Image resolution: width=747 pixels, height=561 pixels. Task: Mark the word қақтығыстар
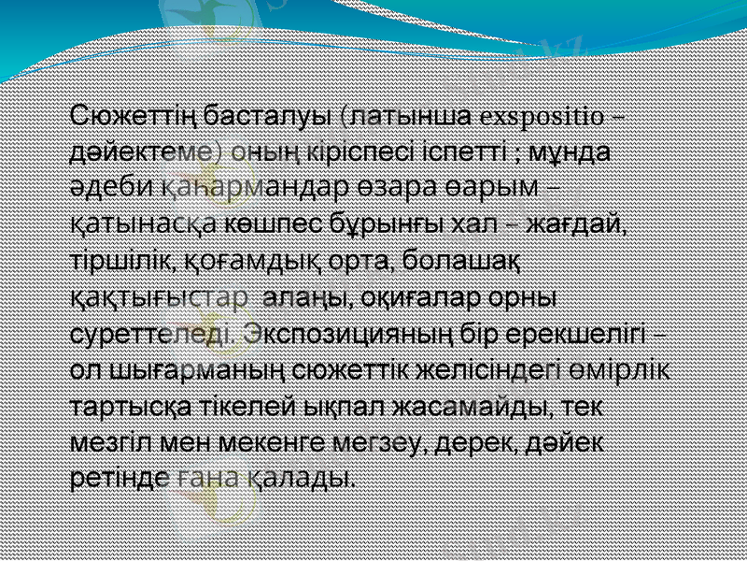[x=159, y=298]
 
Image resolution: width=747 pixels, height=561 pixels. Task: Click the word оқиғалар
[x=423, y=298]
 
